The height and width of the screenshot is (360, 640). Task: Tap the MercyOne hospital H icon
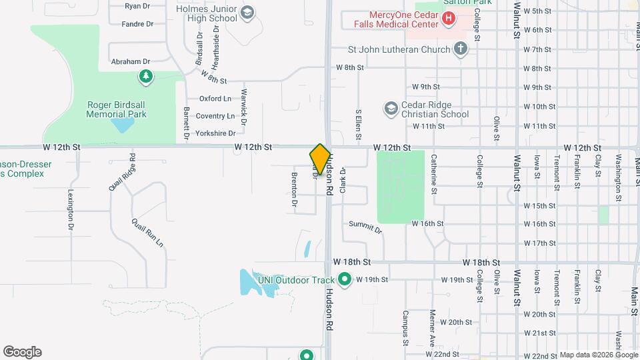449,18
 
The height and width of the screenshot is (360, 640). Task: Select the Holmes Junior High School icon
247,13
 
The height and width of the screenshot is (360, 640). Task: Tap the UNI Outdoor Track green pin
345,279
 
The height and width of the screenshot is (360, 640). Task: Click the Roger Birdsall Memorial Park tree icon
145,77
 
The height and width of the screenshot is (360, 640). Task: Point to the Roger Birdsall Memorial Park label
116,109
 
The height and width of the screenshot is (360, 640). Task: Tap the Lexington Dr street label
71,209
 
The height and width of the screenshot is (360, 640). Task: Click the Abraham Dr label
131,61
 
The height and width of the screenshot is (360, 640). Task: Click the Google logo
22,352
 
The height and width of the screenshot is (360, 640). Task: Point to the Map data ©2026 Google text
598,355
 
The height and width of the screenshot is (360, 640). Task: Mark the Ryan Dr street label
137,6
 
